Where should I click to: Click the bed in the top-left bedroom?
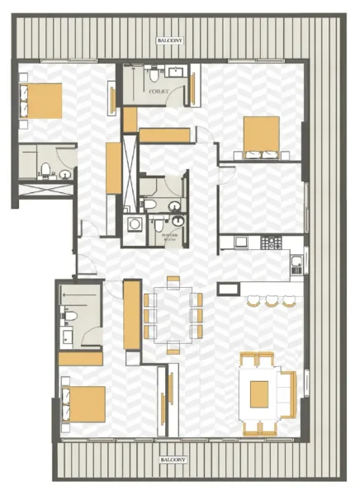pos(40,101)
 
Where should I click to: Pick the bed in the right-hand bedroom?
pos(261,136)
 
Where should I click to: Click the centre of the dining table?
pos(173,314)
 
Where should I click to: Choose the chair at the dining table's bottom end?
pos(173,347)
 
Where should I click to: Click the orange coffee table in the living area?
pos(260,393)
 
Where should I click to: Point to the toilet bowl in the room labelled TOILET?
pos(154,78)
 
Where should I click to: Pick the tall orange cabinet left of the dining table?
pos(130,314)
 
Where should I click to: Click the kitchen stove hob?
pos(270,243)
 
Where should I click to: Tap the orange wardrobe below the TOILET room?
pos(165,135)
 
